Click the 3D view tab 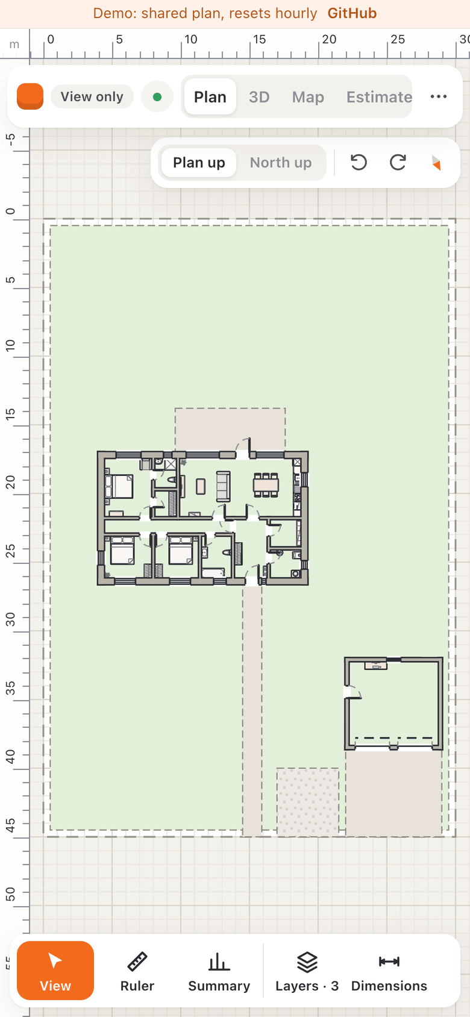tap(259, 97)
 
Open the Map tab tap(308, 97)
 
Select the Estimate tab tap(379, 97)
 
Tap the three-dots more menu tap(438, 97)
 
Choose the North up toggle tap(281, 163)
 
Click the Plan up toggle tap(199, 163)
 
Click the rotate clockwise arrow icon tap(398, 163)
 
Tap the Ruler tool tap(137, 971)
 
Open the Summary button tap(219, 971)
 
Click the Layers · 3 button tap(307, 971)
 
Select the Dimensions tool tap(389, 971)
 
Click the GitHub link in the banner tap(352, 13)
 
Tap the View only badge tap(92, 97)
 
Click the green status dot tap(157, 97)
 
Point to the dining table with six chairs tap(266, 485)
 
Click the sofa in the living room tap(223, 486)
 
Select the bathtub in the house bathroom tap(213, 572)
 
